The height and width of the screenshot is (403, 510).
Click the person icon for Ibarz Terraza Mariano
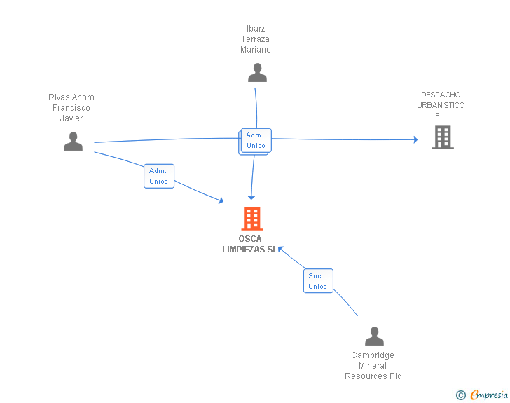257,73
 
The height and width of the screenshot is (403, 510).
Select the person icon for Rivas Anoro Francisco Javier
73,142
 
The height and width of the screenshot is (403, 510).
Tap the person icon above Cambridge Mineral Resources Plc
374,336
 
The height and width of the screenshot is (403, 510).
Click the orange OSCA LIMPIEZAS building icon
252,219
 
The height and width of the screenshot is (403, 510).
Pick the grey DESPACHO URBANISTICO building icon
443,137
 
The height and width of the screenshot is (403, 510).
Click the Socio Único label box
318,280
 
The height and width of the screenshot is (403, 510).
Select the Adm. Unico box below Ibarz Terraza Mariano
256,140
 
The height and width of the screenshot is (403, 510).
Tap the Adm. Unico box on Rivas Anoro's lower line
159,176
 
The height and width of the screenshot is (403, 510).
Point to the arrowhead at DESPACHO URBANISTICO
415,139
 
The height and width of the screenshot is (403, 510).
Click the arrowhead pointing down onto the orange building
251,197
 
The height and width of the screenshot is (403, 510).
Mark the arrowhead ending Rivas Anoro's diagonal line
221,200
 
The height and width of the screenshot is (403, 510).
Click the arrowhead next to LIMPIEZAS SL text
281,249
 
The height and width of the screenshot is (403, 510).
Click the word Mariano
255,50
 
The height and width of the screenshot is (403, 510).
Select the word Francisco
71,108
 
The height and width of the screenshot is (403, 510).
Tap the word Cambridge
373,355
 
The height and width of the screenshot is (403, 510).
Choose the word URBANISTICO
441,105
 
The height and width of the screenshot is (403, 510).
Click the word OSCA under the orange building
250,239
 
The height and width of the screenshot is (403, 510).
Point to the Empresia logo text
489,395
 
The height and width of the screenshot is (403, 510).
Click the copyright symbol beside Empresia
461,395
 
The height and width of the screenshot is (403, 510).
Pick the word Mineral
373,366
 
